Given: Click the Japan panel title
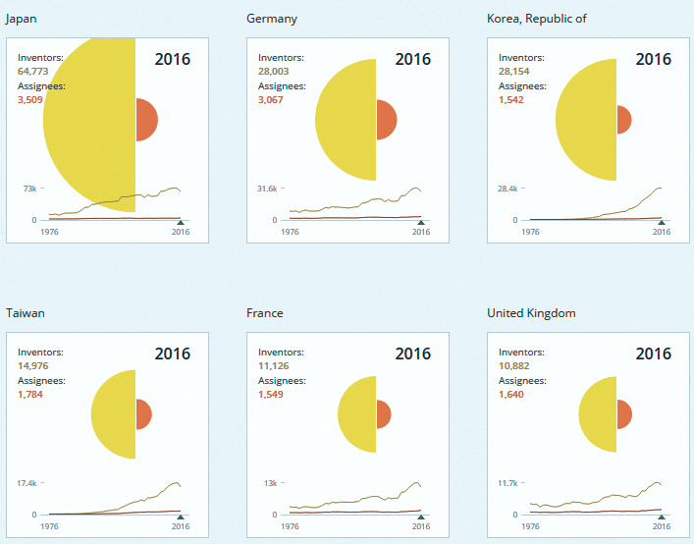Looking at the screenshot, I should pyautogui.click(x=22, y=19).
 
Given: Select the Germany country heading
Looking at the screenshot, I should pyautogui.click(x=272, y=19).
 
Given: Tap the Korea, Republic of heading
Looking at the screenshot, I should pyautogui.click(x=537, y=19).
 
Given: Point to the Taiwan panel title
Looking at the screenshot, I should pyautogui.click(x=26, y=313).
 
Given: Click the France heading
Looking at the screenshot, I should pyautogui.click(x=265, y=313).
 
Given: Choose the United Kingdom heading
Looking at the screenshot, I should pyautogui.click(x=531, y=313).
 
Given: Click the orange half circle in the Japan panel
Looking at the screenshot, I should pyautogui.click(x=146, y=120).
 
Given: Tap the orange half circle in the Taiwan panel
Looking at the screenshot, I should pyautogui.click(x=143, y=414).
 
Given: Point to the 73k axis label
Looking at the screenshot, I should pyautogui.click(x=30, y=189).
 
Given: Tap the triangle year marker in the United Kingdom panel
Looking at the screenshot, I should pyautogui.click(x=662, y=517).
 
